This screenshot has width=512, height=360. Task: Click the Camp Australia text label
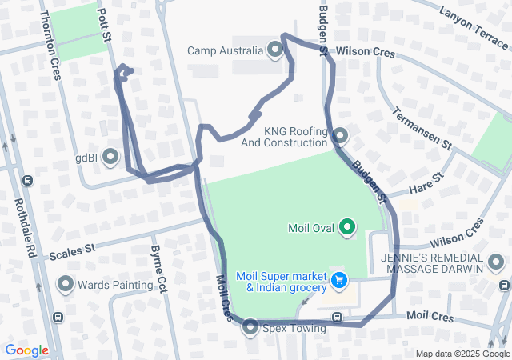pos(225,51)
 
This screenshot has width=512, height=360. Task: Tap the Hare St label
pos(426,186)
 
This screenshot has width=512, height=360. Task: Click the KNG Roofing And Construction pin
pos(341,136)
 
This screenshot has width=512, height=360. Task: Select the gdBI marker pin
pos(110,158)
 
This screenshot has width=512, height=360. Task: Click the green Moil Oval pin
pos(347,228)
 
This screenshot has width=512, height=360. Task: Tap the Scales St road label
pos(72,253)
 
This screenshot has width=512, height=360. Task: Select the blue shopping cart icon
pos(340,281)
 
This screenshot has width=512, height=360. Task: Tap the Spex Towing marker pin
pos(250,327)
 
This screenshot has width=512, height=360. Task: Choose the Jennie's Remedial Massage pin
pos(497,262)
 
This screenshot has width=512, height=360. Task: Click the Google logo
pos(26,350)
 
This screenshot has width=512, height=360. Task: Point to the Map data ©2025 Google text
pos(462,354)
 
